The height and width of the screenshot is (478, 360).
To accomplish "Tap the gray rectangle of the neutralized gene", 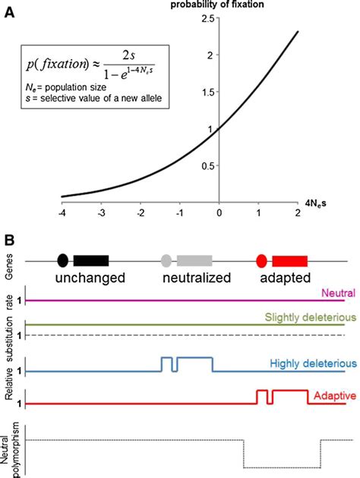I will click(x=194, y=261).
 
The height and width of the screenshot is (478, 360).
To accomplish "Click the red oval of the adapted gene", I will click(x=263, y=261).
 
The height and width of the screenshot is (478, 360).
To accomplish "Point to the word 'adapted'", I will click(x=286, y=278).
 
